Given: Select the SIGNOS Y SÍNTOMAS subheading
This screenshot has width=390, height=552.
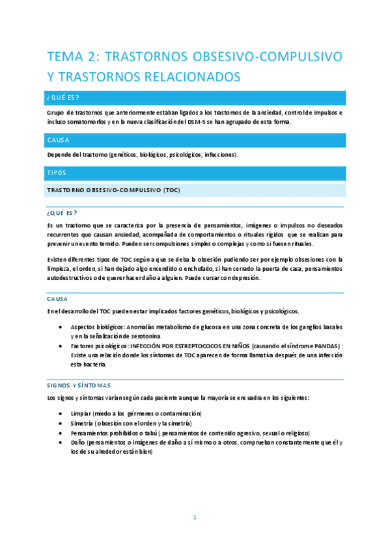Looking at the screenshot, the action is tap(79, 385).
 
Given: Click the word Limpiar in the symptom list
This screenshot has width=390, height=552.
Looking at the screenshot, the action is tap(81, 413).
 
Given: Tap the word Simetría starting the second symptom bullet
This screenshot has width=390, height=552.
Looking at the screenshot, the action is tap(83, 423).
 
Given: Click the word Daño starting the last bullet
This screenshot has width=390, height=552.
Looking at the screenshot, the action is tap(78, 442).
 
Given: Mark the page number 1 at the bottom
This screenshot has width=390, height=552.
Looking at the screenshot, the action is tap(194, 517).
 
